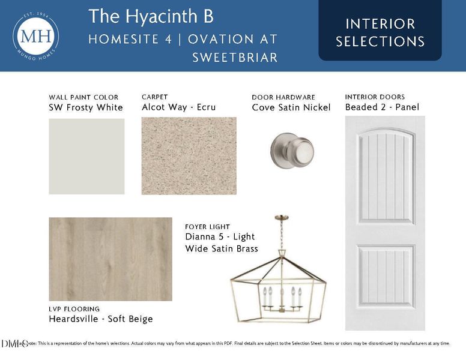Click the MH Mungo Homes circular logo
point(36,35)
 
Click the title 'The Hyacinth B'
point(151,16)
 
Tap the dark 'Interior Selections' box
point(380,32)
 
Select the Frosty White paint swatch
point(86,156)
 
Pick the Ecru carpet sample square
point(189,155)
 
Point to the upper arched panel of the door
point(385,174)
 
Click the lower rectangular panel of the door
point(385,277)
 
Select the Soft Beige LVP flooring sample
point(110,259)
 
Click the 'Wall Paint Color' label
point(83,97)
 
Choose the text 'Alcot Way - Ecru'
point(178,107)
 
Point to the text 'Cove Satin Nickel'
point(291,107)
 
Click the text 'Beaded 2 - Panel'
point(382,107)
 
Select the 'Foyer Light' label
point(207,227)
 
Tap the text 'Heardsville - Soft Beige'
point(100,319)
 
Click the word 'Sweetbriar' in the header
point(235,58)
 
